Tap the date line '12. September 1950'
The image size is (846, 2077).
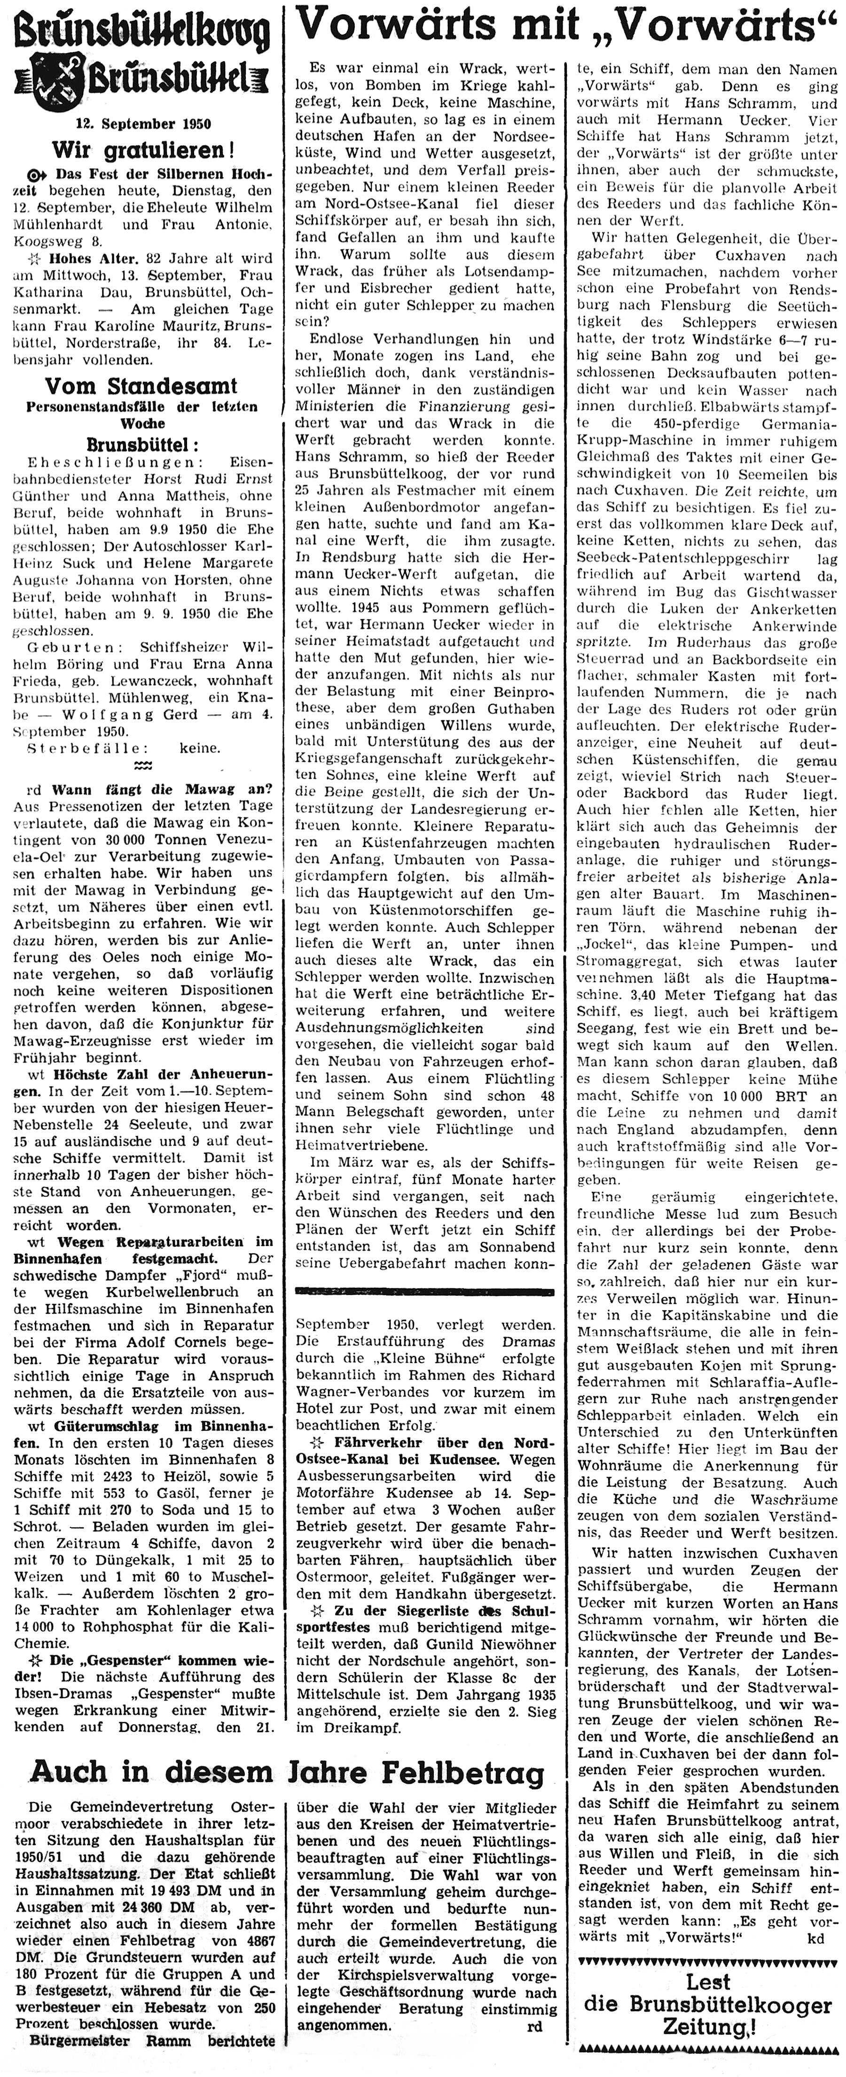(143, 124)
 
